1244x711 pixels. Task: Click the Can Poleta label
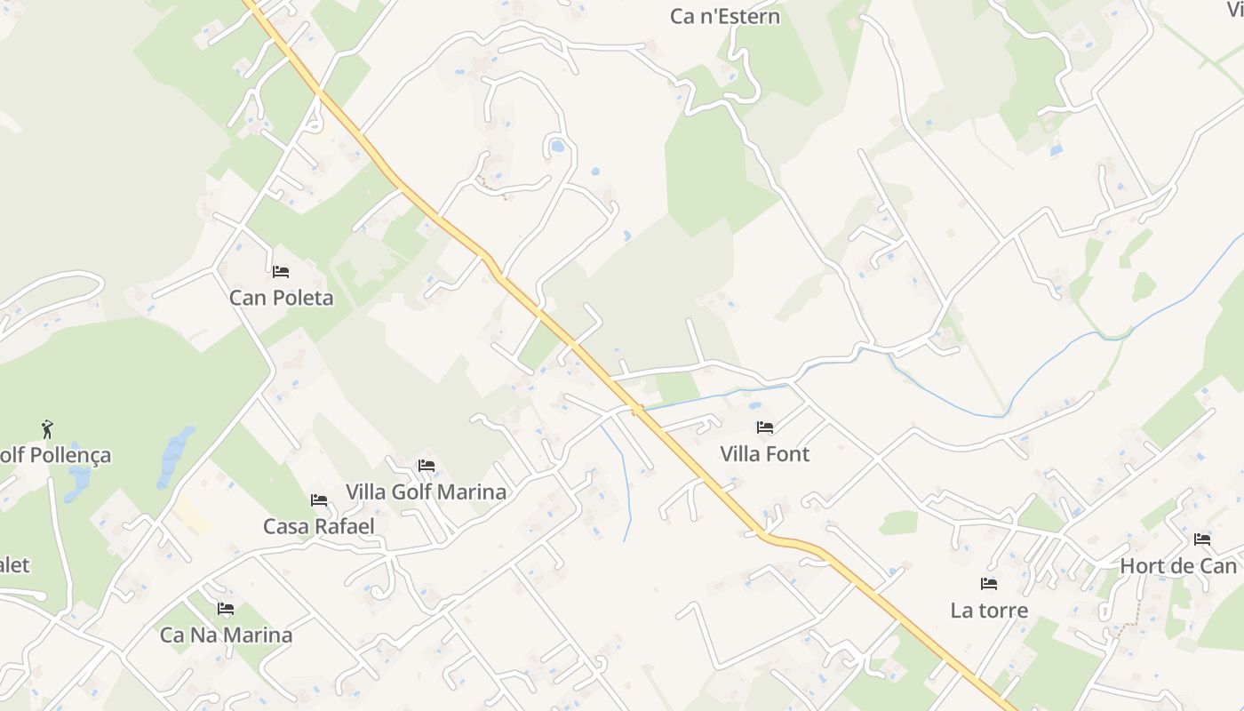[x=281, y=298]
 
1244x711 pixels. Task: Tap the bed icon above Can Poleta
[x=281, y=272]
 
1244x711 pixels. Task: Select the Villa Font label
[x=764, y=454]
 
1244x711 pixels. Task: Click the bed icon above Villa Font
[x=764, y=427]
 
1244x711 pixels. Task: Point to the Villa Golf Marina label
[x=426, y=491]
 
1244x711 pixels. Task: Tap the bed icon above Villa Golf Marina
[x=427, y=466]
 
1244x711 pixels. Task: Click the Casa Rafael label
[x=318, y=526]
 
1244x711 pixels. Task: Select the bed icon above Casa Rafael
[x=319, y=500]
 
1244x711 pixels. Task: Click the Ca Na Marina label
[x=226, y=635]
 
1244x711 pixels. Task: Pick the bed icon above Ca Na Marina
[x=226, y=609]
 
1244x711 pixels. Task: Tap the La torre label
[x=989, y=611]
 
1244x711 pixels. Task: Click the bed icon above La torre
[x=988, y=584]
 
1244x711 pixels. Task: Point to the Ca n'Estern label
[x=724, y=16]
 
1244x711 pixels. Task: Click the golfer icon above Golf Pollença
[x=47, y=430]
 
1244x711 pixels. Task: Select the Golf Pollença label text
[x=55, y=455]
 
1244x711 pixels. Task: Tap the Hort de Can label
[x=1178, y=566]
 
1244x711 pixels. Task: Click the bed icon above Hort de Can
[x=1202, y=539]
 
